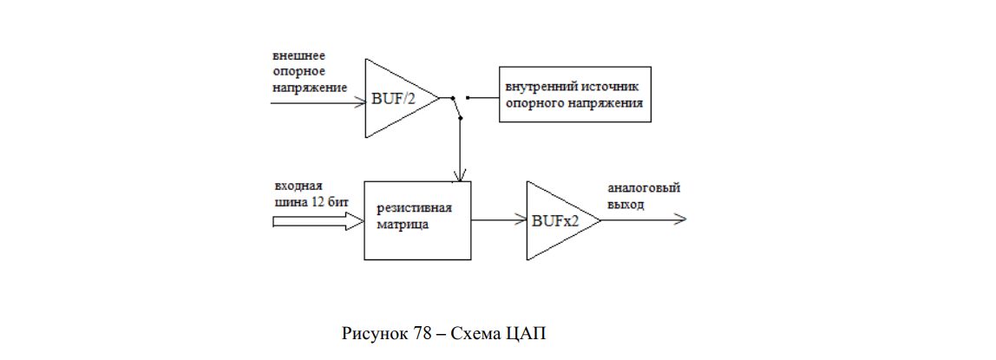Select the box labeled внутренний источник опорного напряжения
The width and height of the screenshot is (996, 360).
click(575, 94)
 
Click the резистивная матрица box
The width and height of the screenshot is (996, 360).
click(417, 220)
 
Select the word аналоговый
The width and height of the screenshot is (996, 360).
click(644, 189)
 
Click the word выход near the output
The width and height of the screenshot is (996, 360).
click(626, 205)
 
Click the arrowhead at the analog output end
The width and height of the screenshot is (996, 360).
click(680, 219)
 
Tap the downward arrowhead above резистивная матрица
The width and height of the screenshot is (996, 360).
click(459, 174)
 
